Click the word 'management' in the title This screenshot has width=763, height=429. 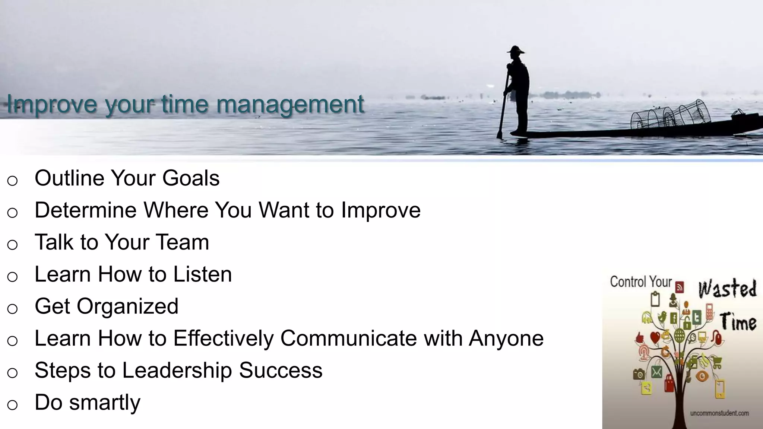290,105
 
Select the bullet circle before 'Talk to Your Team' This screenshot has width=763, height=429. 12,245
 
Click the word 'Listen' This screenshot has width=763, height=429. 202,274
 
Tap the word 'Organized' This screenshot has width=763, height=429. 127,306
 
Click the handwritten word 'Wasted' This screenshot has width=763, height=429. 727,289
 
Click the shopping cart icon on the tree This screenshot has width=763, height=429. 717,361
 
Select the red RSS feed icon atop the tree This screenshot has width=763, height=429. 680,287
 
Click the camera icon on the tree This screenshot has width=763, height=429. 639,374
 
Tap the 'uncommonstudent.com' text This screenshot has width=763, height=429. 719,413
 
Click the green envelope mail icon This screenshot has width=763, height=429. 656,372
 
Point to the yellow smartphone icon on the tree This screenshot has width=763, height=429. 720,389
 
